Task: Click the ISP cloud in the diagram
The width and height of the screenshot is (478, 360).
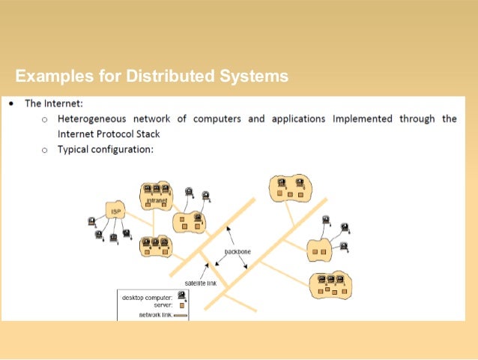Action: [115, 211]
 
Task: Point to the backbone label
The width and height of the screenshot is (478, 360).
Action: [238, 252]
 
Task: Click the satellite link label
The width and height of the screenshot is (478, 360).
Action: [201, 283]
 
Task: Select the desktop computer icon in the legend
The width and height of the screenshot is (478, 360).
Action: [181, 296]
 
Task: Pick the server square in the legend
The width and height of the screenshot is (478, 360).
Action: [181, 305]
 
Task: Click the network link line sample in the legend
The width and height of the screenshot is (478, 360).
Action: [181, 315]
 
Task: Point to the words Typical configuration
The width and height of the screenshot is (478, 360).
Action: [106, 149]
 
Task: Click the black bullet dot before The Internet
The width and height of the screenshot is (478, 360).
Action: [12, 103]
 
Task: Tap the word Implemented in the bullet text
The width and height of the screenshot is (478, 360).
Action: [363, 118]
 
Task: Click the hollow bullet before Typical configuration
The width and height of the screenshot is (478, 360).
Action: [44, 150]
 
